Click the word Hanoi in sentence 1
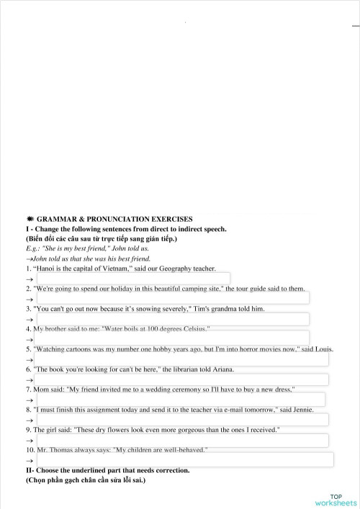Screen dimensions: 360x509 coord(45,269)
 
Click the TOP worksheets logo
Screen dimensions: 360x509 coord(336,499)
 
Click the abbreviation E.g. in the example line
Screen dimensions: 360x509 coord(32,248)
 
